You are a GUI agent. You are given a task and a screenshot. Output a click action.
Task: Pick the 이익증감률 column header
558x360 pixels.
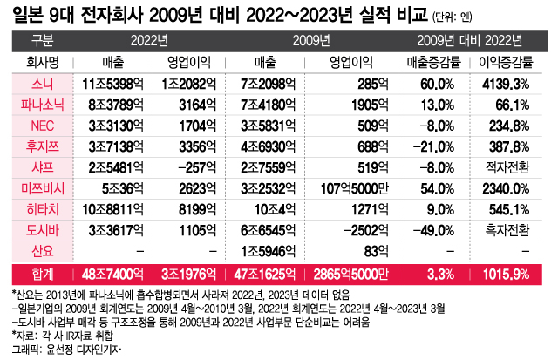500,62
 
